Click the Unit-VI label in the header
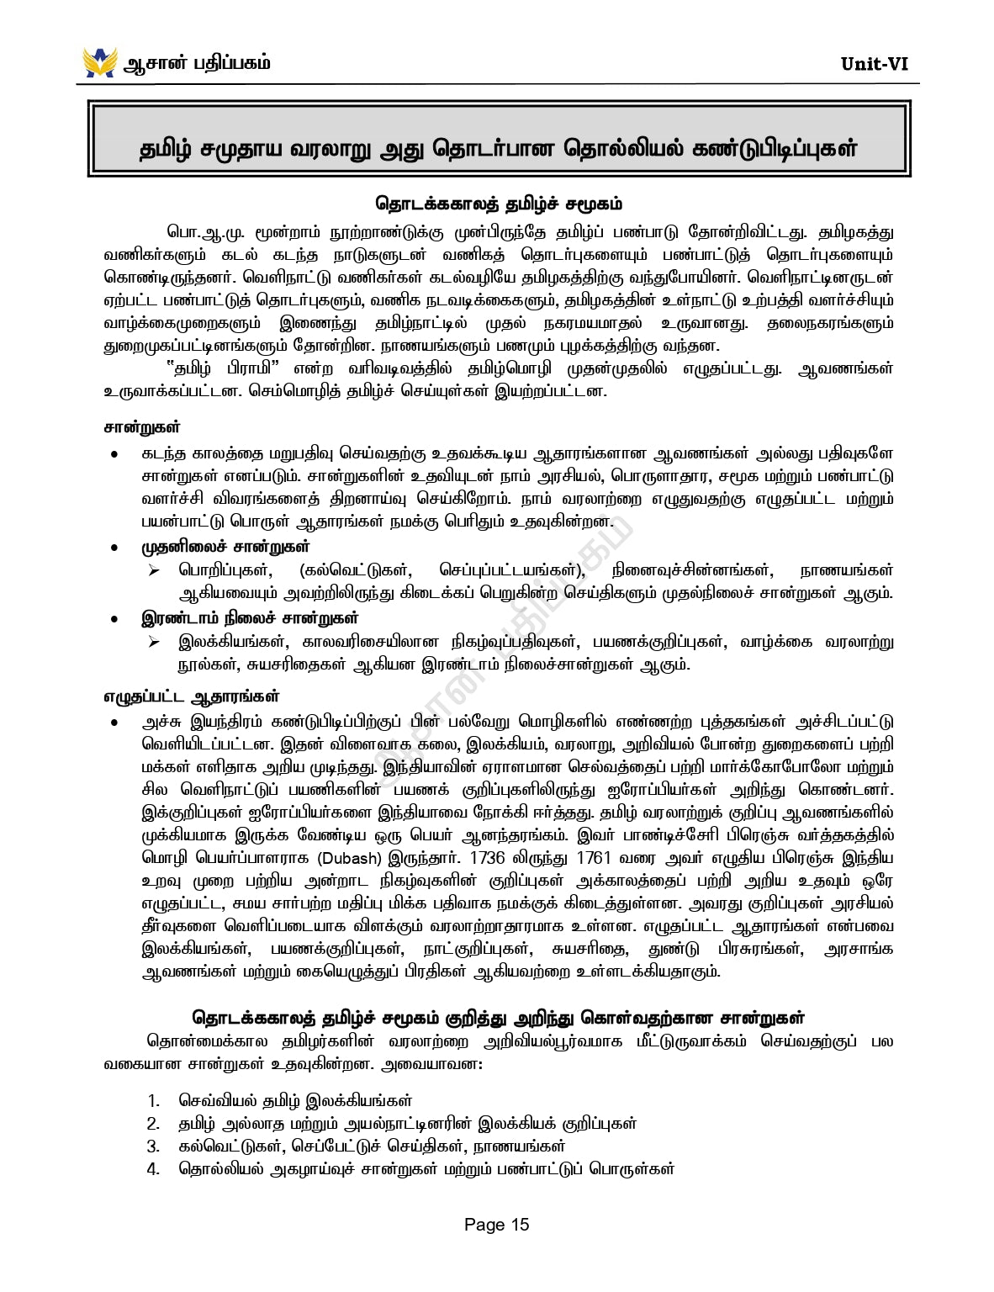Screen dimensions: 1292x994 point(874,64)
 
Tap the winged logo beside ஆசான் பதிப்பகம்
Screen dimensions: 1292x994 point(99,62)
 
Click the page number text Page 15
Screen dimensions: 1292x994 point(496,1225)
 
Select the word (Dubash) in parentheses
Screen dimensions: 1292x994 point(350,859)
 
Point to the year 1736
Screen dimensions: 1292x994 point(488,859)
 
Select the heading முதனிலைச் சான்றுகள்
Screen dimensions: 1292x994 point(225,548)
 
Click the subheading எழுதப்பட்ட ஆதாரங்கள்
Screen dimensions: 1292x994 point(192,696)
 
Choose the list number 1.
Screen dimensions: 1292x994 point(153,1101)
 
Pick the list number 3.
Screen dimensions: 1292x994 point(153,1146)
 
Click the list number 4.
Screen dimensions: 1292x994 point(153,1169)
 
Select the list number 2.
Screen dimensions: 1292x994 point(153,1124)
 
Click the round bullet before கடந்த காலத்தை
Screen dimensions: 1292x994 point(114,455)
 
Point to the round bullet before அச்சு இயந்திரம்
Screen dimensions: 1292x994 point(114,723)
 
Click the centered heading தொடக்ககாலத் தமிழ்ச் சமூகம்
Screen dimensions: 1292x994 point(498,204)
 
